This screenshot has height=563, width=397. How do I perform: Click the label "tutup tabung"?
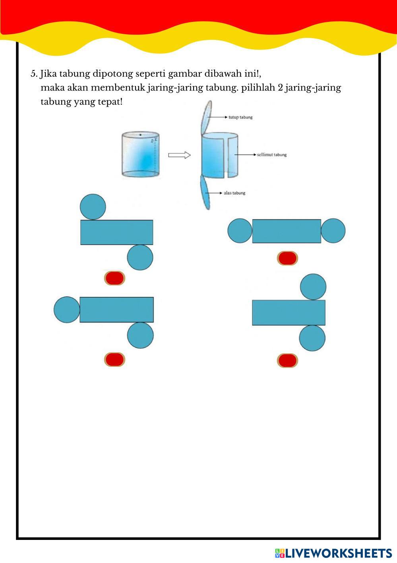click(240, 117)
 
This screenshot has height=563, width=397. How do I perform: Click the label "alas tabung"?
click(234, 193)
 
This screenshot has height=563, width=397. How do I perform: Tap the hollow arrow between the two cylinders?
click(179, 155)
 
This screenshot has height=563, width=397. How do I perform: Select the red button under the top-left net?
click(114, 278)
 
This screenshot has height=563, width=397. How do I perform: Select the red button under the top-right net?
click(287, 258)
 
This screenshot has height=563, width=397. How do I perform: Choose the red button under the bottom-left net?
click(114, 359)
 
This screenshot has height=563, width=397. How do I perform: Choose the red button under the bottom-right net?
click(287, 361)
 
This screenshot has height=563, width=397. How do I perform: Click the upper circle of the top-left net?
click(93, 207)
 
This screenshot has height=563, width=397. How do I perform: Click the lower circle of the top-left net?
click(140, 257)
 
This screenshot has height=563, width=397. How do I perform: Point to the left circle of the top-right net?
click(240, 230)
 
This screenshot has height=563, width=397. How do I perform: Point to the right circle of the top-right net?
click(333, 230)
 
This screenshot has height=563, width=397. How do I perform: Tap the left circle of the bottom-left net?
click(67, 310)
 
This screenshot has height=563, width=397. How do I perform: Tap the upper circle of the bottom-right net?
click(313, 286)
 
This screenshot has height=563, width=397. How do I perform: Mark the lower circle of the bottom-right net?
click(312, 338)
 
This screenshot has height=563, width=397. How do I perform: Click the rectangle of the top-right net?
click(287, 231)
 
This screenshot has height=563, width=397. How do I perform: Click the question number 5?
click(34, 74)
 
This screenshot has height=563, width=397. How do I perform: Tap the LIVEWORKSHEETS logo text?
click(338, 553)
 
